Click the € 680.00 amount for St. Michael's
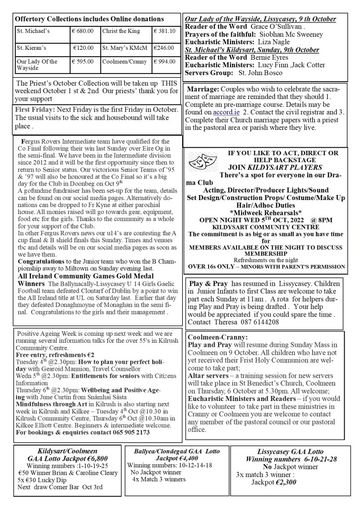point(83,31)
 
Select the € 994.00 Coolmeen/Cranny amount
point(165,62)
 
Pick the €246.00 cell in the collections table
point(164,48)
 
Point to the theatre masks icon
point(199,161)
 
